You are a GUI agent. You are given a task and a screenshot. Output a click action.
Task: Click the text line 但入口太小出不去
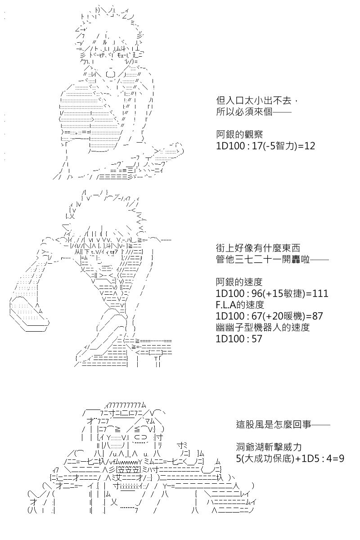pyautogui.click(x=254, y=100)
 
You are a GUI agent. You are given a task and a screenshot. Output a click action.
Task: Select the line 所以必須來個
pyautogui.click(x=244, y=112)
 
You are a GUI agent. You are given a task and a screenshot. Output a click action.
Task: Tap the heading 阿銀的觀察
pyautogui.click(x=239, y=135)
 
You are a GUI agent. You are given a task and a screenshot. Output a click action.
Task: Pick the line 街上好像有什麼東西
pyautogui.click(x=258, y=248)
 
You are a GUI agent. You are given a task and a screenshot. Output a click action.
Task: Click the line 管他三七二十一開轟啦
pyautogui.click(x=263, y=260)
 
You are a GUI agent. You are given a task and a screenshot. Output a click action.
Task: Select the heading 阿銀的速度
pyautogui.click(x=239, y=282)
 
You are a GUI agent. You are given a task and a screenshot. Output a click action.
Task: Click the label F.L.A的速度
pyautogui.click(x=240, y=305)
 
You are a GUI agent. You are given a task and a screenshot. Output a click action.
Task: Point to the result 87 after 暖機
pyautogui.click(x=317, y=316)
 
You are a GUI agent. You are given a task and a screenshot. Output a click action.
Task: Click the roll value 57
pyautogui.click(x=256, y=339)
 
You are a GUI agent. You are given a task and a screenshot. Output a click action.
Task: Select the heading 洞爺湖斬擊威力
pyautogui.click(x=269, y=447)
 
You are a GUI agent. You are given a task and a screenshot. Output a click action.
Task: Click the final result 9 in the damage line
pyautogui.click(x=341, y=459)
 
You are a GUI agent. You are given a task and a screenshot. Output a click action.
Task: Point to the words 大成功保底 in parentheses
pyautogui.click(x=267, y=459)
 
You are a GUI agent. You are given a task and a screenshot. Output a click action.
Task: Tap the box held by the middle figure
pyautogui.click(x=29, y=315)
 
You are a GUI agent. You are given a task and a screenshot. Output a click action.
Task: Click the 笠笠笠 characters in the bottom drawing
pyautogui.click(x=128, y=470)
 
